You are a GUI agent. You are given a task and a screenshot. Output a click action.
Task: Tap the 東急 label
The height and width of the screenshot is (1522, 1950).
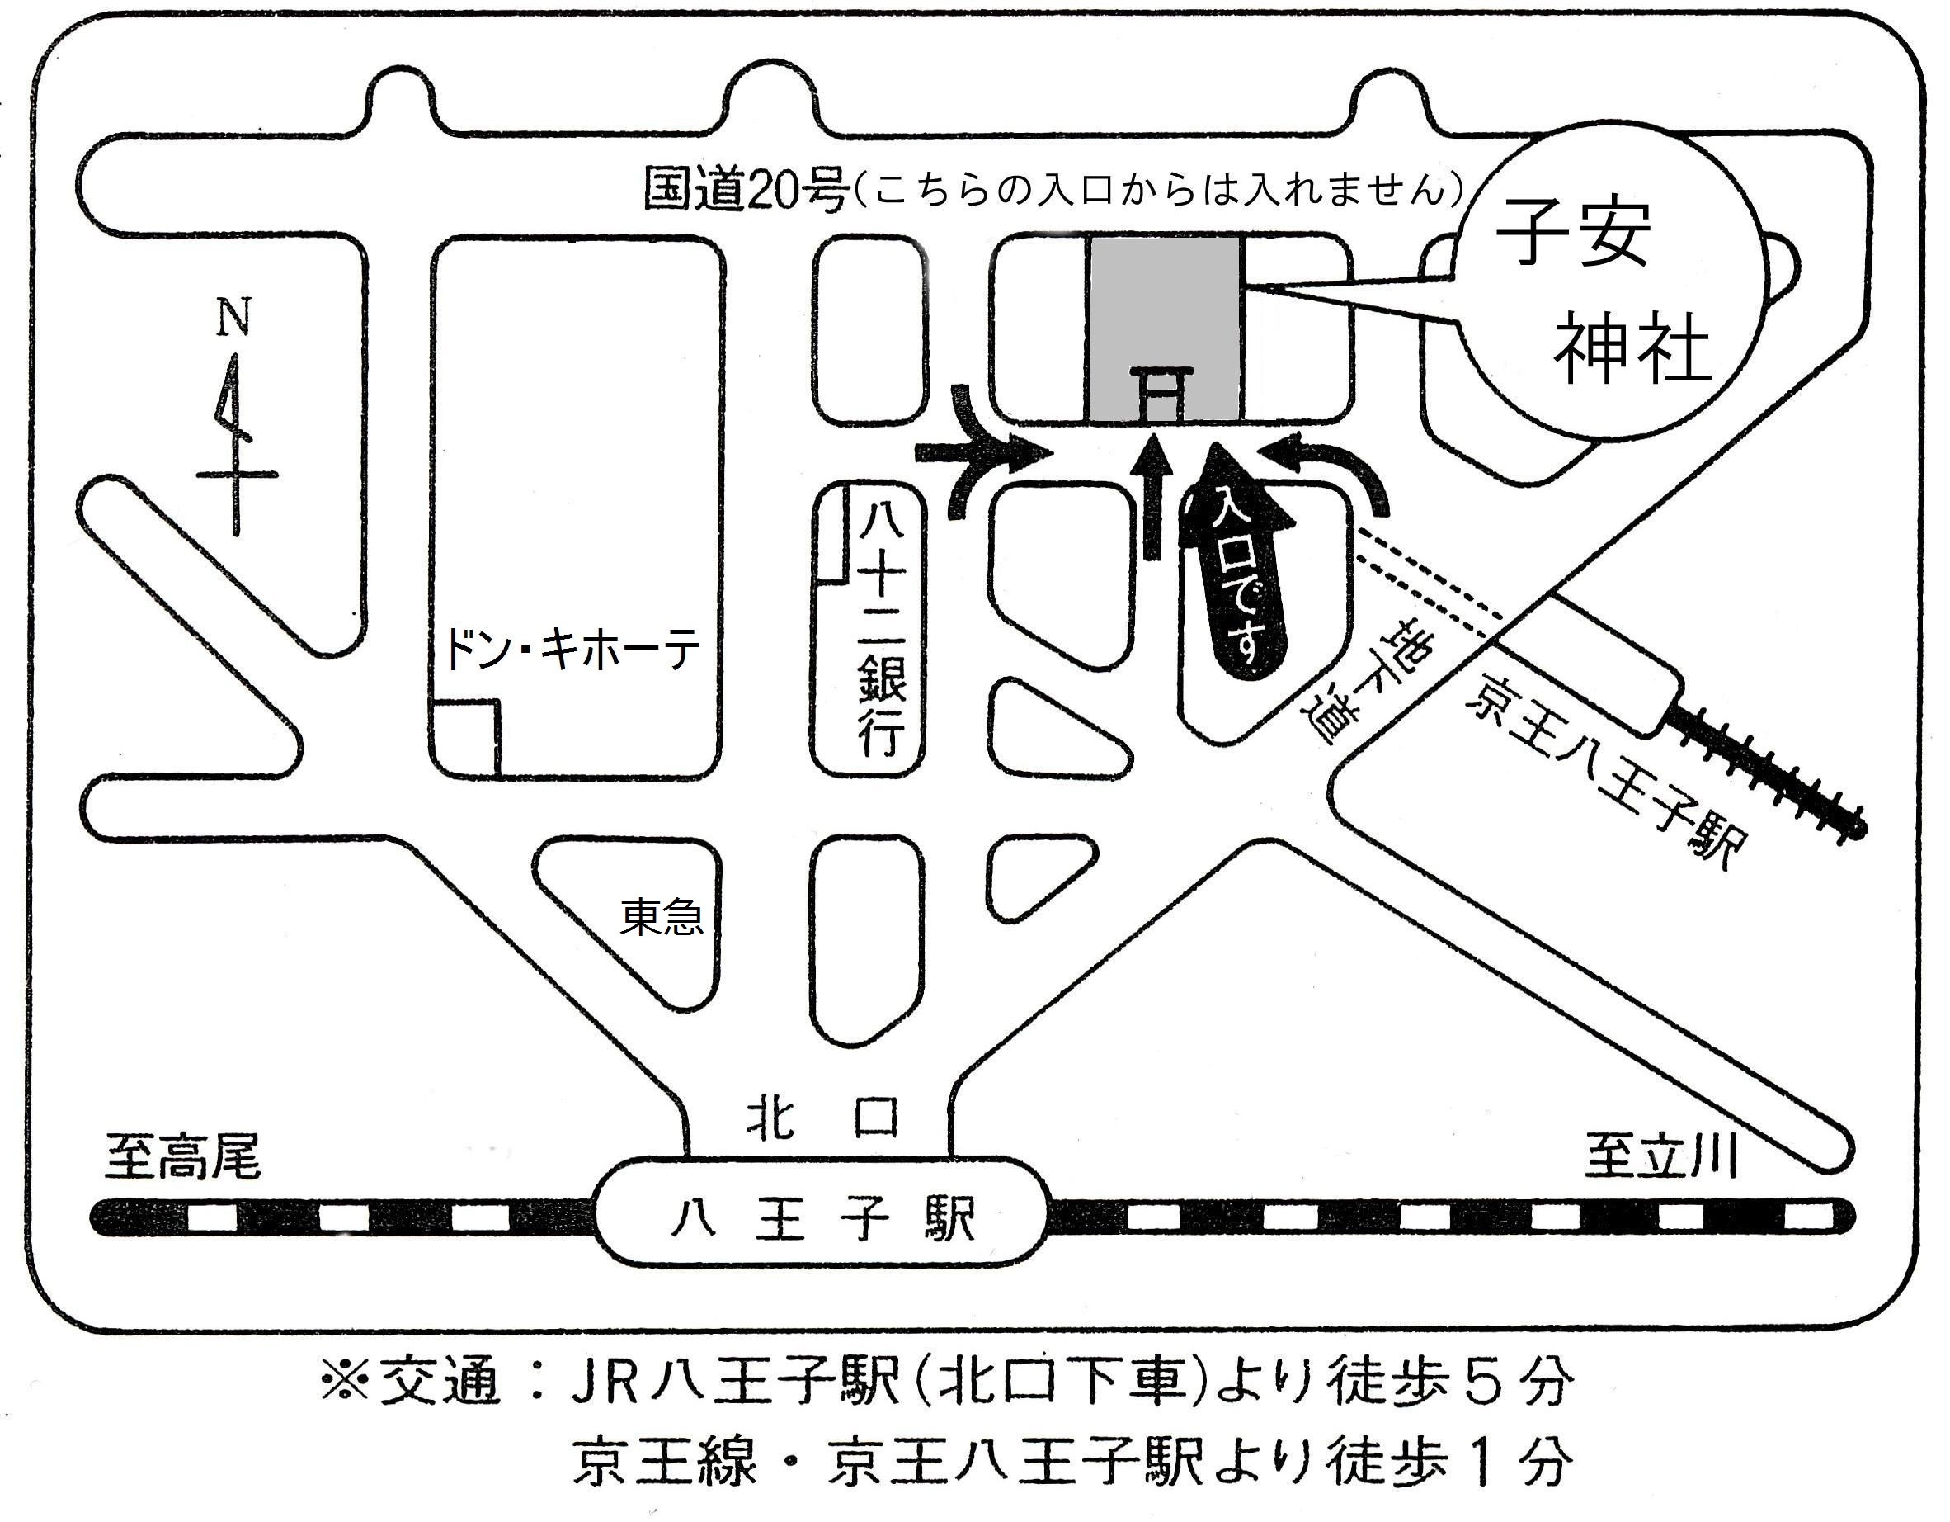coord(662,916)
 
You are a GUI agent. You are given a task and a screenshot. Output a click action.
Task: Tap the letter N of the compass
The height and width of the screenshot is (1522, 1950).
coord(234,318)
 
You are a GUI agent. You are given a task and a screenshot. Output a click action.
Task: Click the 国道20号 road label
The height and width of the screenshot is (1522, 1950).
coord(744,191)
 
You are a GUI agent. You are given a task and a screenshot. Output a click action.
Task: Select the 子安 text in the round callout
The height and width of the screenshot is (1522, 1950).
coord(1573,232)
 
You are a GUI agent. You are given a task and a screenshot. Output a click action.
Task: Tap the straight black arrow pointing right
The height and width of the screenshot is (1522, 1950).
coord(977,454)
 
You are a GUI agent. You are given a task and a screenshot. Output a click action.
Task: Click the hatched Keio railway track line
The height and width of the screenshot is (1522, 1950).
coord(1768,773)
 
